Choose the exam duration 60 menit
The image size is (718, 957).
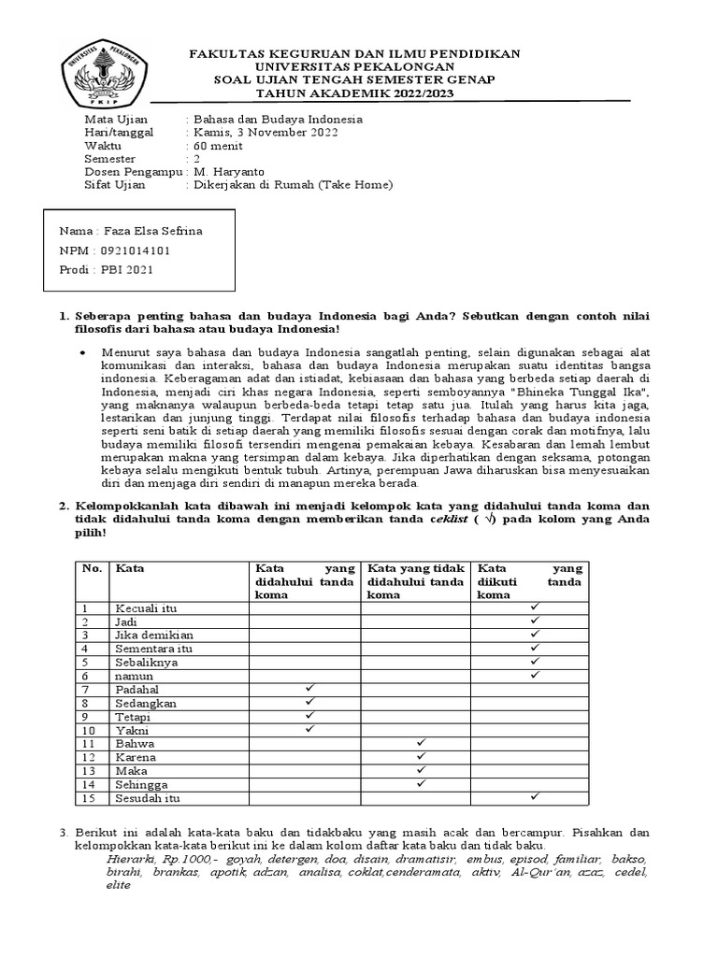217,146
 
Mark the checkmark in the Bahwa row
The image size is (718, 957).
421,742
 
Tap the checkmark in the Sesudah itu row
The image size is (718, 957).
535,796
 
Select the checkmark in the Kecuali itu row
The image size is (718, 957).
535,607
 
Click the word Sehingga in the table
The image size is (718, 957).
141,784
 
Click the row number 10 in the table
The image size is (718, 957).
91,730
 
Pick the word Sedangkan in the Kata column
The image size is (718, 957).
145,703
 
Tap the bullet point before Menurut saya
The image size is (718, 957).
83,352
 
